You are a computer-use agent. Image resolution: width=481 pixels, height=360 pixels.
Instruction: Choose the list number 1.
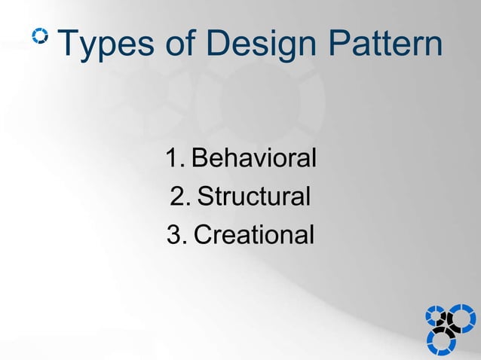(174, 159)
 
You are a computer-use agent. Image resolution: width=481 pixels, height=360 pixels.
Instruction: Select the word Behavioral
(254, 159)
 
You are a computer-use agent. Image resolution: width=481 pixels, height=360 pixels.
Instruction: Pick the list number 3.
(174, 236)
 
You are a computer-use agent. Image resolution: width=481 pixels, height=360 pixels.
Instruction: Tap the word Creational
(253, 236)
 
